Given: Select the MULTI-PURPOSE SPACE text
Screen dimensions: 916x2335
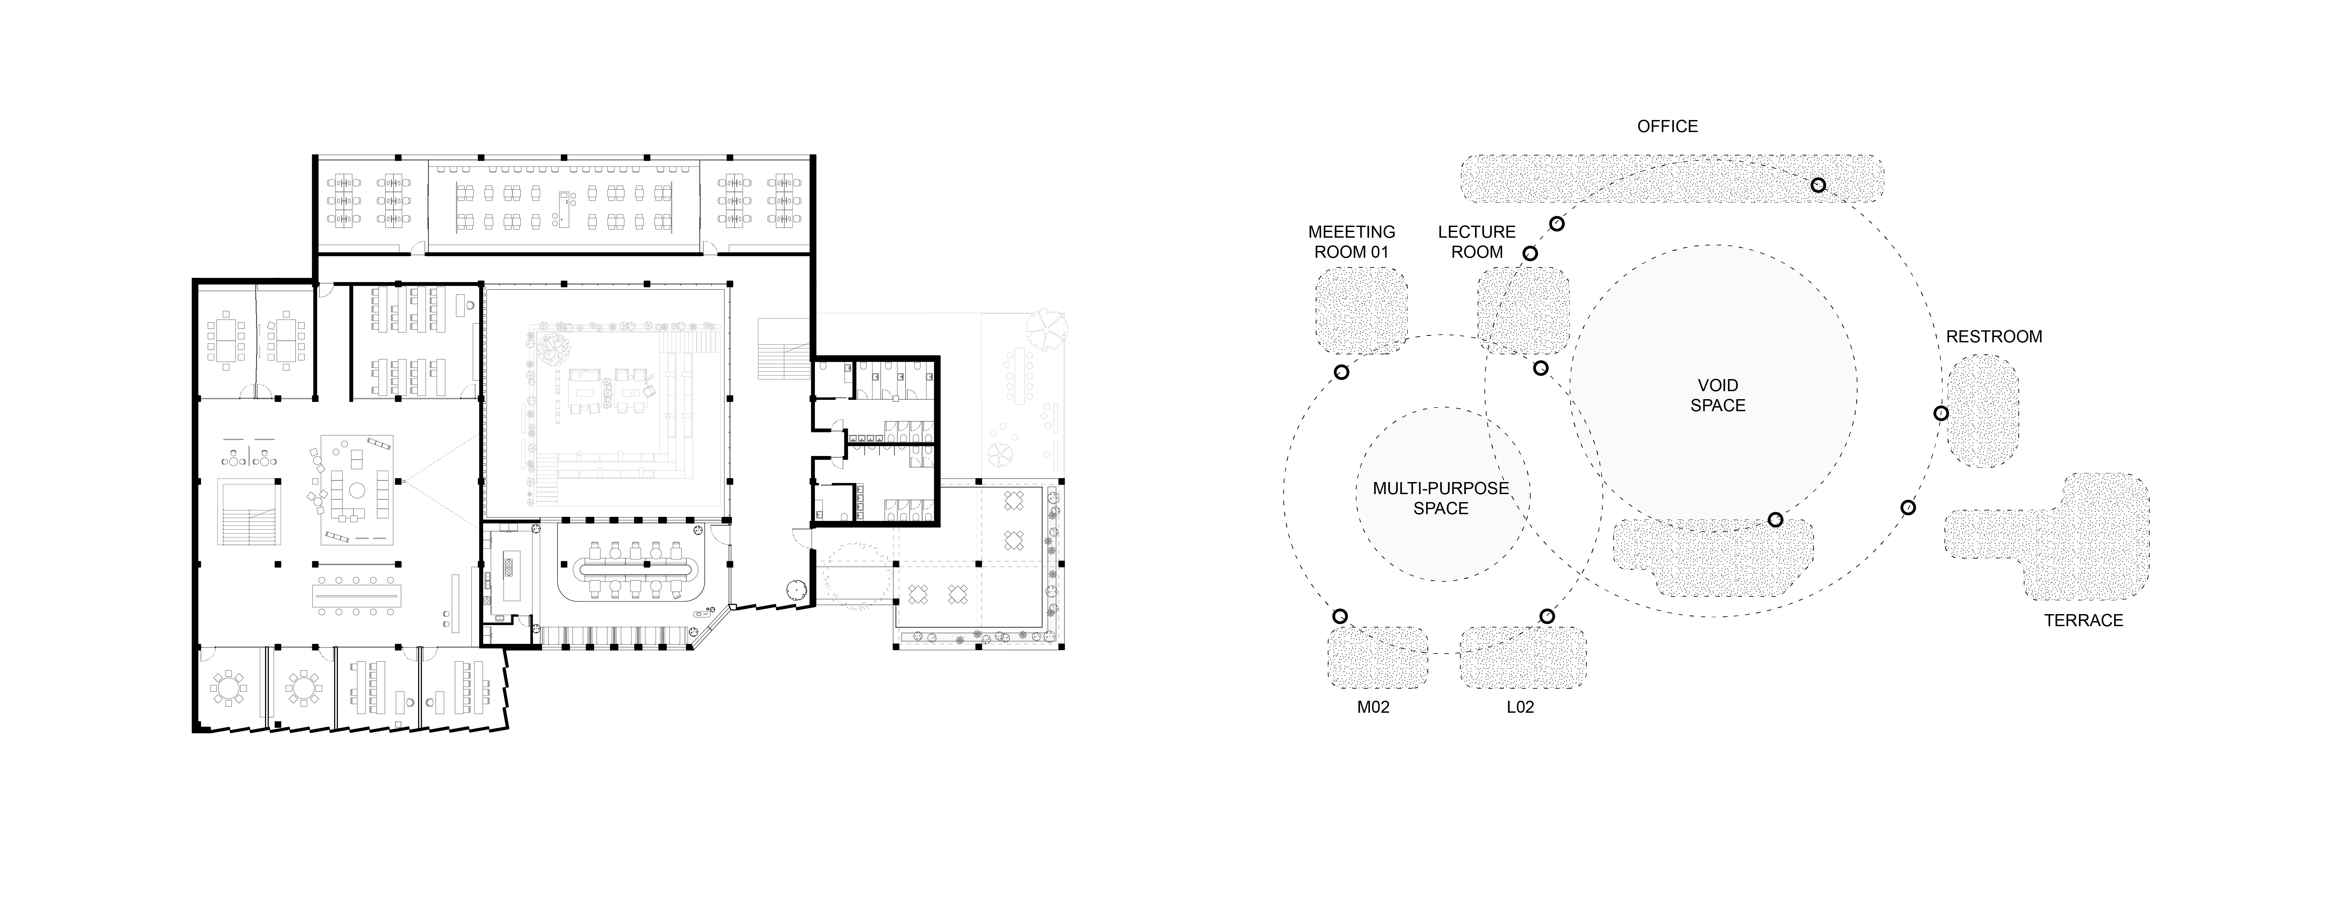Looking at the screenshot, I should tap(1440, 498).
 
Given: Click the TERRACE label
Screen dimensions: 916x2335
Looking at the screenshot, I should tap(2083, 620).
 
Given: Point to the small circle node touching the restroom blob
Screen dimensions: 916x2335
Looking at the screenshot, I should tap(1941, 413).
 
